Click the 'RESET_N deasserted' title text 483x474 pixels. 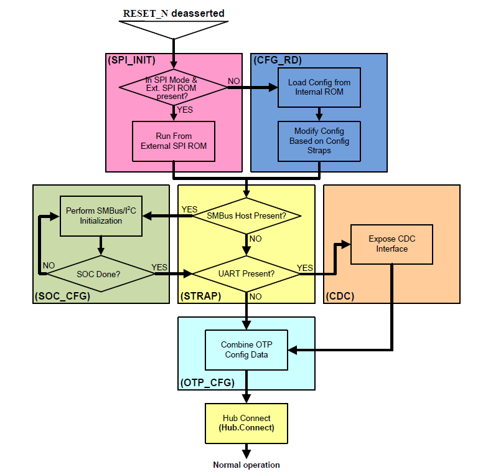tap(174, 13)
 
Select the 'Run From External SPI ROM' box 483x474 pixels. tap(174, 141)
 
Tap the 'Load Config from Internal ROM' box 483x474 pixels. tap(319, 87)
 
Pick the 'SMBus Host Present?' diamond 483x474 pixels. tap(247, 216)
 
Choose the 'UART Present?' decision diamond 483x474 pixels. tap(247, 273)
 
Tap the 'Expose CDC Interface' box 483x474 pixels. tap(392, 244)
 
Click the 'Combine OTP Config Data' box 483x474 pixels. tap(246, 349)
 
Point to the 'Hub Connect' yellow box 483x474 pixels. tap(246, 423)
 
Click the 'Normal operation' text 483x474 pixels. tap(246, 465)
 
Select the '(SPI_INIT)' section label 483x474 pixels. tap(131, 60)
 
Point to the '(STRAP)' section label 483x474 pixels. tap(200, 296)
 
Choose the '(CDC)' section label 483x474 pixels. tap(340, 296)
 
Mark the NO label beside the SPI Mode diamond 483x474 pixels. tap(234, 81)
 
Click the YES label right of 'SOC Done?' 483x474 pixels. tap(160, 267)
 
